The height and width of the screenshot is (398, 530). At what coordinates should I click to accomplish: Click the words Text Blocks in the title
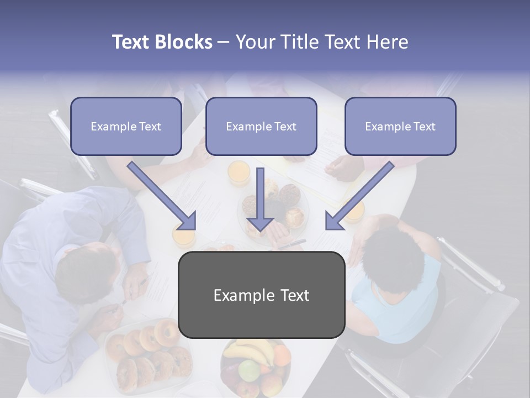click(162, 42)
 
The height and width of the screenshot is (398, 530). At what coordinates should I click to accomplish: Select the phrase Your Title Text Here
click(322, 42)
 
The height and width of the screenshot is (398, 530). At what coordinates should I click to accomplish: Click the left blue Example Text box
click(126, 127)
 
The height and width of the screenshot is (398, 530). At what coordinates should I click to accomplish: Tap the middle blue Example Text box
click(261, 127)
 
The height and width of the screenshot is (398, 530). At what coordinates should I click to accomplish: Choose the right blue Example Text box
click(400, 127)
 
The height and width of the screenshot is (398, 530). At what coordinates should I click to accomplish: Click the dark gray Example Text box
click(261, 295)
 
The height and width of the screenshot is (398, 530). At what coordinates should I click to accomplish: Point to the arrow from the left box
click(163, 196)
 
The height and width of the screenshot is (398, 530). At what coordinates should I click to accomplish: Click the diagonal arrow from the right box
click(359, 196)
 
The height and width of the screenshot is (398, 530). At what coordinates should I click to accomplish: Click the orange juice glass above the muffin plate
click(239, 172)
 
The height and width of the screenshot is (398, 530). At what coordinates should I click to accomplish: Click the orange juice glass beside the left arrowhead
click(184, 237)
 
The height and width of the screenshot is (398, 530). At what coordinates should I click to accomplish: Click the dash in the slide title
click(224, 43)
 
